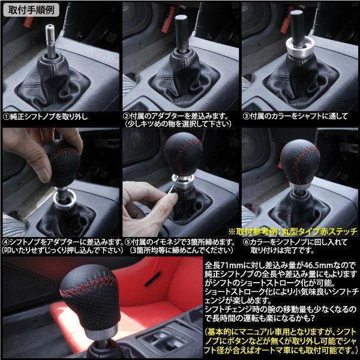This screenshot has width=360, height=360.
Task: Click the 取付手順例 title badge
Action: pos(31,10)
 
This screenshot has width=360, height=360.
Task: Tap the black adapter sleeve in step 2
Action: pos(182,33)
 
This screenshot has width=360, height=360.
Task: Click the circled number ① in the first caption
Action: pos(6,117)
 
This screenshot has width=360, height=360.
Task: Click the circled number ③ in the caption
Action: pos(246,116)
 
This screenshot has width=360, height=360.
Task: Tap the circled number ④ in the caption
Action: pos(6,242)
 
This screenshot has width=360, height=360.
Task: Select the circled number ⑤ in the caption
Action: pos(128,242)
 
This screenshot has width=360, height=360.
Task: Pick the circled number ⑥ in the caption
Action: pos(246,242)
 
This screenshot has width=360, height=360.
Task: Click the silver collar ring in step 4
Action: pos(65,198)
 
